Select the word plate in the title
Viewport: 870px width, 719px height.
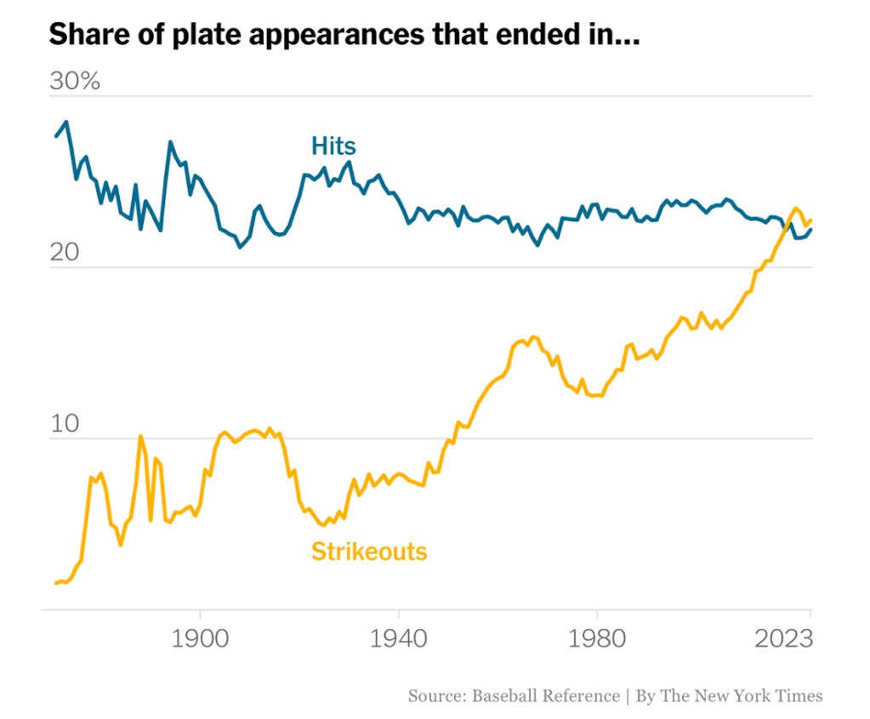178,36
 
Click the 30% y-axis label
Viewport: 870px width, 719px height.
75,82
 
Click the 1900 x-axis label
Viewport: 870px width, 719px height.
201,638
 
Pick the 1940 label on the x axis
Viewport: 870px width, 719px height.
399,638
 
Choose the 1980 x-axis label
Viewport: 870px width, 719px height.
597,638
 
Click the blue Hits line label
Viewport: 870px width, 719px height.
333,145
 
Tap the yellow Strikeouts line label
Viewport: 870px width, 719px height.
369,551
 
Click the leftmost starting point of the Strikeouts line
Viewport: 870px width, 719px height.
55,583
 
